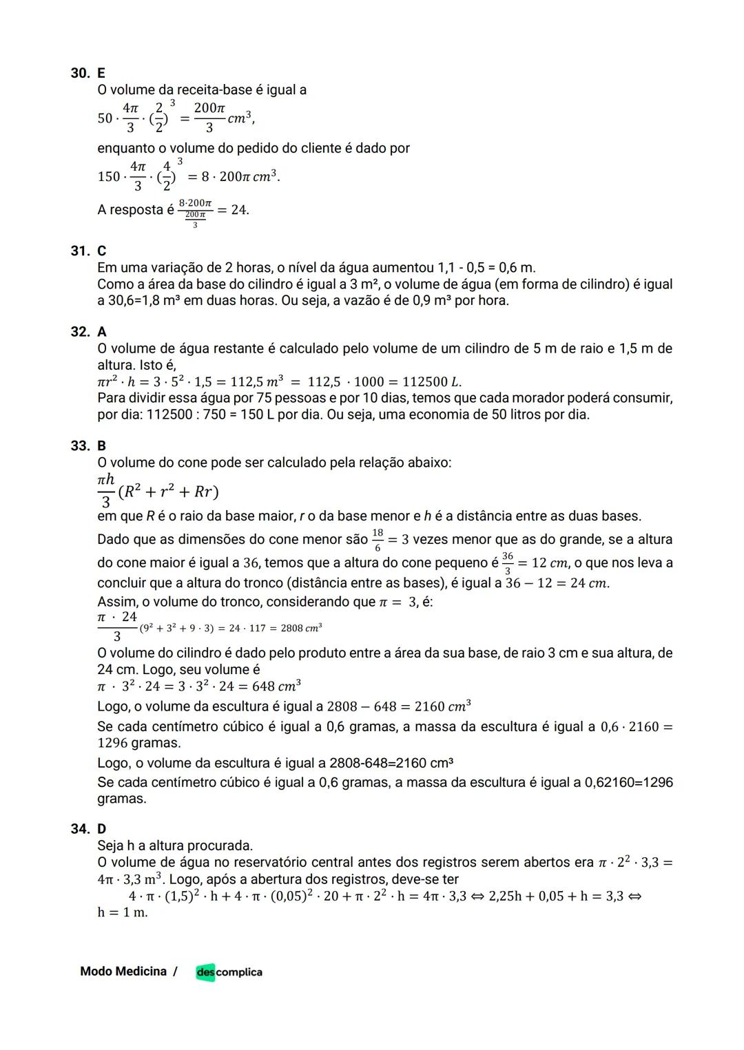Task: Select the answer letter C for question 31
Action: [x=102, y=251]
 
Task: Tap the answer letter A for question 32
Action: [x=102, y=332]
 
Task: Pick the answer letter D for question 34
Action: [x=102, y=828]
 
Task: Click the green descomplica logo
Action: [x=229, y=972]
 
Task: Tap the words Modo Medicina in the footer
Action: [x=123, y=972]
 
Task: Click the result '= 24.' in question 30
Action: [x=233, y=210]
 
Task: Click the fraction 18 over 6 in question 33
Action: [x=377, y=540]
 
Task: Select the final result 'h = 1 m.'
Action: [x=123, y=912]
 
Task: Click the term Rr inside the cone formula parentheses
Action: [x=203, y=492]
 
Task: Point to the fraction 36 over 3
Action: [x=508, y=563]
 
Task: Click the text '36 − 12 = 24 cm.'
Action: [x=557, y=583]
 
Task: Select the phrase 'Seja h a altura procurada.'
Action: [x=175, y=846]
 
